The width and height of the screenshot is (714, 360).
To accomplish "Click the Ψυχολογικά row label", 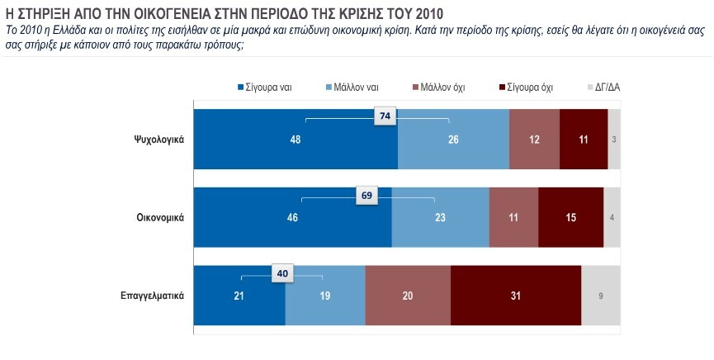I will pos(158,139).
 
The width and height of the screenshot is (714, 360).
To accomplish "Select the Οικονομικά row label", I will pos(159,217).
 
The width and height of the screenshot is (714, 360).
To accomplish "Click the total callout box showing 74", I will pos(384,117).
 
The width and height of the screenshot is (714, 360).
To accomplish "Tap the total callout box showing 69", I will pos(367,196).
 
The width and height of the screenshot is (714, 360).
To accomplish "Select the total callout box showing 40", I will pos(281,274).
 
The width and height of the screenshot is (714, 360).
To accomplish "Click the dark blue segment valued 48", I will pos(296,139).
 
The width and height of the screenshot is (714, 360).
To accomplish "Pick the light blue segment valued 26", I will pos(453,139).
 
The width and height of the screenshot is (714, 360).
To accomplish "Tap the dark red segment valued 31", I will pos(516,296).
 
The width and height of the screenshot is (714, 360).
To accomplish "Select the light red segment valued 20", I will pos(408,296).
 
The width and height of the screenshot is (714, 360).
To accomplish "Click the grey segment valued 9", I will pos(601,296).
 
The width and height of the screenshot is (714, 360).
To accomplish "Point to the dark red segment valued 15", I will pos(570,217).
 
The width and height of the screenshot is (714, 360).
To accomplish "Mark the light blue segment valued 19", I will pos(325,296).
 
